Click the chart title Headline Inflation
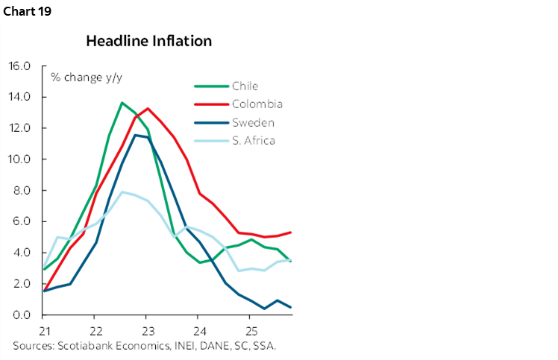(148, 41)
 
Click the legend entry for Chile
(245, 86)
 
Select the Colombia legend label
(257, 104)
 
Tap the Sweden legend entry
(253, 122)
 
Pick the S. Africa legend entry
(254, 140)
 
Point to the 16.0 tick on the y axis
(19, 66)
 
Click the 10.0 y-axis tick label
(19, 160)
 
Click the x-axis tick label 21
(44, 329)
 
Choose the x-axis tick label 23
(147, 329)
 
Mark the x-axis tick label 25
(251, 329)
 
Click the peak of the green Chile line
(122, 103)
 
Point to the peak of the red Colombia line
(148, 109)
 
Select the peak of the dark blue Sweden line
(135, 135)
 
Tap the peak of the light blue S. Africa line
(122, 192)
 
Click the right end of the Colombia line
(290, 233)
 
